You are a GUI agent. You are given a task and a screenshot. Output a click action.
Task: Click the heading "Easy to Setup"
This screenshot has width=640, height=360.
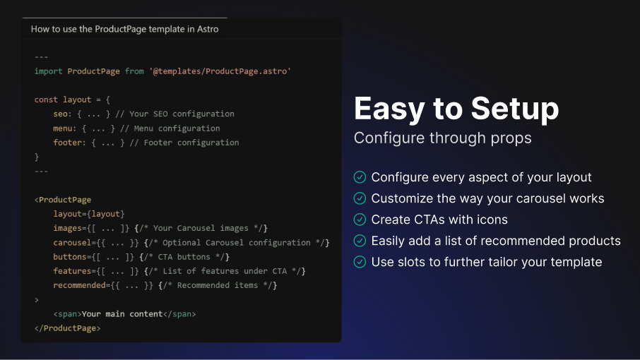coord(456,109)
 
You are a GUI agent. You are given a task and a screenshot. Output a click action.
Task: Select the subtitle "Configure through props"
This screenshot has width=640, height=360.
coord(442,138)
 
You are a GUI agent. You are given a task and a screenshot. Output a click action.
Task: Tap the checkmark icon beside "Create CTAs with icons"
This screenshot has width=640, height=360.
coord(360,220)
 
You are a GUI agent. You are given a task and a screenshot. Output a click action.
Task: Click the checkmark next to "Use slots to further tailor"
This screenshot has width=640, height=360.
coord(360,262)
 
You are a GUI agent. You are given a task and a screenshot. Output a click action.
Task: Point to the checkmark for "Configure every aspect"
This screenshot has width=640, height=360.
coord(360,177)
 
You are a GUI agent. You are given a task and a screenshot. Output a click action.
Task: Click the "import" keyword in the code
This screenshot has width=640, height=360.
coord(48,71)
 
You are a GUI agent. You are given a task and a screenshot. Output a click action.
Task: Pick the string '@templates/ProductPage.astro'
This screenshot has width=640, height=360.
coord(220,71)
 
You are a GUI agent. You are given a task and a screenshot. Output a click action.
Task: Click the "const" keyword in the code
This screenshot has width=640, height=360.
coord(46,100)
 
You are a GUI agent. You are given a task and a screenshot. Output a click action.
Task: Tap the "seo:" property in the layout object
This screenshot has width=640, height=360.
coord(62,114)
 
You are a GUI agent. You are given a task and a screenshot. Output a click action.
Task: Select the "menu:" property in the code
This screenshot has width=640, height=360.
coord(65,128)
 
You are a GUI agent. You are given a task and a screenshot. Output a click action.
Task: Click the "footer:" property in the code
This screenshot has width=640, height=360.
coord(69,143)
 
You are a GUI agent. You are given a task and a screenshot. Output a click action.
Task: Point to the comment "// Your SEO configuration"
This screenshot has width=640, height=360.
coord(174,114)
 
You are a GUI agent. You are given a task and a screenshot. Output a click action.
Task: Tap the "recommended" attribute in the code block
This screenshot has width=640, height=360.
coord(79,285)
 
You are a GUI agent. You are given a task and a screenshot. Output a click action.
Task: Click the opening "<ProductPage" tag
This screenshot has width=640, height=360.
coord(63,200)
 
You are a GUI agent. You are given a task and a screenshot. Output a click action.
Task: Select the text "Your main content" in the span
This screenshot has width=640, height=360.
coord(122,314)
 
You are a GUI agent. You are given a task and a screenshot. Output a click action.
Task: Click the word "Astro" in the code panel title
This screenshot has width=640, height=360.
coord(208,29)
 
